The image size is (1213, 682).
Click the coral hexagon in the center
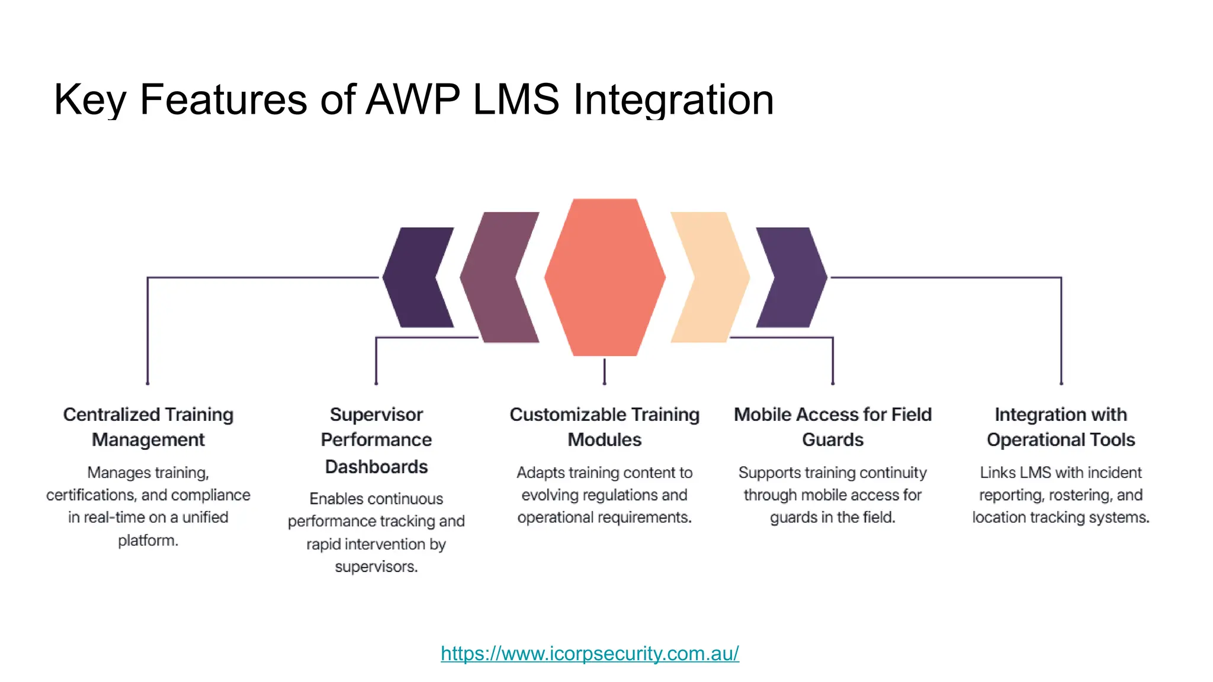pyautogui.click(x=605, y=277)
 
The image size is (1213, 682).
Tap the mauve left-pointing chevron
pyautogui.click(x=495, y=277)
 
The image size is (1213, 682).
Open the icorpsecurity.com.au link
pyautogui.click(x=590, y=654)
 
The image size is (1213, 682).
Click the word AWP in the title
pyautogui.click(x=413, y=99)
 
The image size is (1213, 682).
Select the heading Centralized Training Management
pyautogui.click(x=148, y=427)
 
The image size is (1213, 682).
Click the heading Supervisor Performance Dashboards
pyautogui.click(x=376, y=440)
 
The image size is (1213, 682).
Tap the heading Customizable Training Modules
pyautogui.click(x=605, y=427)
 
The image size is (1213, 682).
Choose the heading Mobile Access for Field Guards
pyautogui.click(x=833, y=427)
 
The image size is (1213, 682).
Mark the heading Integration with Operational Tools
pyautogui.click(x=1061, y=427)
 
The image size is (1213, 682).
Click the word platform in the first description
pyautogui.click(x=147, y=541)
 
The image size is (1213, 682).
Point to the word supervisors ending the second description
pyautogui.click(x=376, y=567)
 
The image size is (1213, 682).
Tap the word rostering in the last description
pyautogui.click(x=1073, y=495)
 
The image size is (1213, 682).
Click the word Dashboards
pyautogui.click(x=376, y=467)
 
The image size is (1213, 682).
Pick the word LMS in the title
pyautogui.click(x=516, y=99)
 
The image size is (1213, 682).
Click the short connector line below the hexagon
pyautogui.click(x=604, y=371)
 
